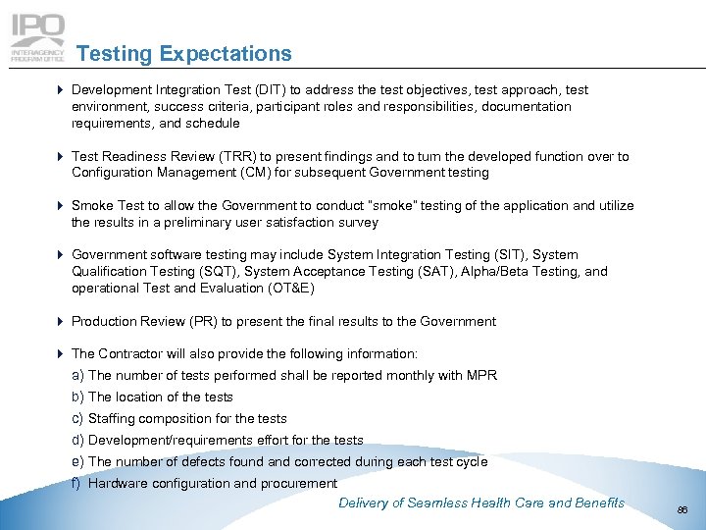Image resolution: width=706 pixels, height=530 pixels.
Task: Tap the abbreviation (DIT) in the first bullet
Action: (272, 89)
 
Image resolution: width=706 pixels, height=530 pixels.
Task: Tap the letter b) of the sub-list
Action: (77, 397)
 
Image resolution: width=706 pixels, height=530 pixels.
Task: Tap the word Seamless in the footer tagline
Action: (435, 503)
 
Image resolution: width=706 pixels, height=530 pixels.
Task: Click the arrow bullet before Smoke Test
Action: (61, 206)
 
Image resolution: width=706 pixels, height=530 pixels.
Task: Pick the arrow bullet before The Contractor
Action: (61, 353)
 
